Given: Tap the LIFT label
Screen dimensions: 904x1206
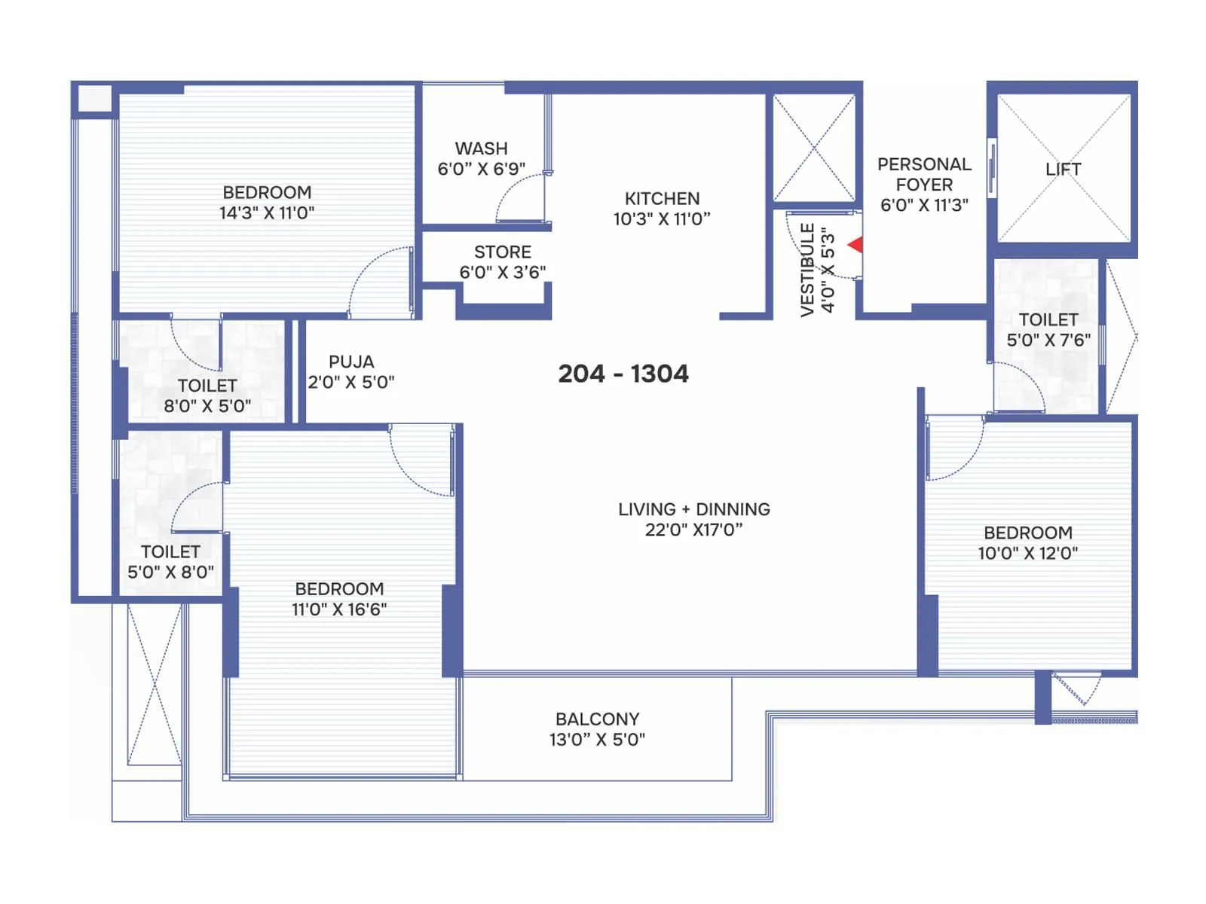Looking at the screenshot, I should pyautogui.click(x=1063, y=169).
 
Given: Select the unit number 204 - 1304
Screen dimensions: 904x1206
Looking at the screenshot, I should pyautogui.click(x=623, y=374).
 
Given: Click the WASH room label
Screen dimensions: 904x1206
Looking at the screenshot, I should pyautogui.click(x=481, y=148).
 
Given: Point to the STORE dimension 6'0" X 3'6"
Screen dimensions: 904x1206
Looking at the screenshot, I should pyautogui.click(x=503, y=272).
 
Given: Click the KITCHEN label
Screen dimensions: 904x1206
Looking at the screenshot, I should pyautogui.click(x=662, y=198).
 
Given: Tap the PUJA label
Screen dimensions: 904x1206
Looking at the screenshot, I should pyautogui.click(x=351, y=362).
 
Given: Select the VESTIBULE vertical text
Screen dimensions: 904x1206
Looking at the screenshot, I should pyautogui.click(x=807, y=270).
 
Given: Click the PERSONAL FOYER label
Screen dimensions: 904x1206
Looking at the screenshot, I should pyautogui.click(x=924, y=174).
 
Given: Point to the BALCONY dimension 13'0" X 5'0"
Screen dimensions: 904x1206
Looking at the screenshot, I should pyautogui.click(x=597, y=740).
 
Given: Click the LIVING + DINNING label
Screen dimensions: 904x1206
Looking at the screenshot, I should pyautogui.click(x=693, y=509).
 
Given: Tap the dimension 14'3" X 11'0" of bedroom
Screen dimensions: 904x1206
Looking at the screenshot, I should pyautogui.click(x=267, y=213).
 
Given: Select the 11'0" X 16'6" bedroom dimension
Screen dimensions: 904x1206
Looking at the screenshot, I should pyautogui.click(x=339, y=609).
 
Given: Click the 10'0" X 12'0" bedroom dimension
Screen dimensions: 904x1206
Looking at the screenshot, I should pyautogui.click(x=1027, y=554).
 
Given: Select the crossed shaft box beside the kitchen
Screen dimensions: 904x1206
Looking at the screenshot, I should pyautogui.click(x=814, y=148).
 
